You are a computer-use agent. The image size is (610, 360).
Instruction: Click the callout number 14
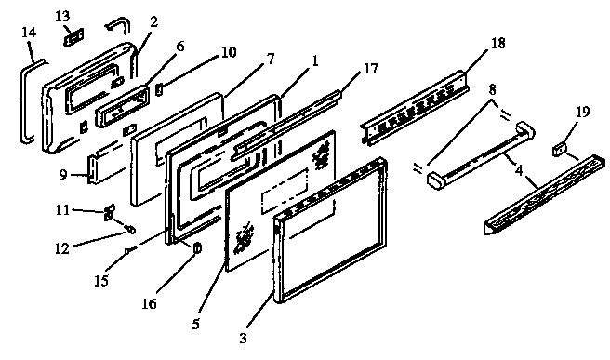(29, 32)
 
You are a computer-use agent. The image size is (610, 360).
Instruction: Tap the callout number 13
(62, 16)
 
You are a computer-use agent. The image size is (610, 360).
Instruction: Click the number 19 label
(582, 113)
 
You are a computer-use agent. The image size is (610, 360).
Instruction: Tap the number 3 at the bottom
(244, 338)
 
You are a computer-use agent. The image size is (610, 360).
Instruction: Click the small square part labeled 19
(561, 148)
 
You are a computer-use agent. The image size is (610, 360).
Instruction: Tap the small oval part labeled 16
(196, 247)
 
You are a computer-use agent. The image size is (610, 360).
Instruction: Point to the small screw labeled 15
(130, 248)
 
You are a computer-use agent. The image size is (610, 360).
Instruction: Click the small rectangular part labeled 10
(158, 90)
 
